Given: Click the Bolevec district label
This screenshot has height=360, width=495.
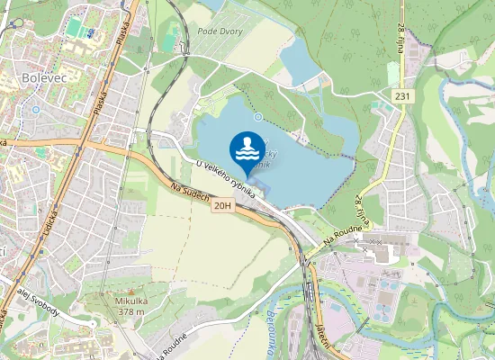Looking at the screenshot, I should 40,78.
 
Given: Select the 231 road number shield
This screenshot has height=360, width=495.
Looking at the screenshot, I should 401,95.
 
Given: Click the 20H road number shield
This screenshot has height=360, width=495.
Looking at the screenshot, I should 223,206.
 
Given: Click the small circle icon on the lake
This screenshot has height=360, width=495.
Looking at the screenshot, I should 258,116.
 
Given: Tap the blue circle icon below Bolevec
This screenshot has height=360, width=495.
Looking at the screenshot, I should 35,110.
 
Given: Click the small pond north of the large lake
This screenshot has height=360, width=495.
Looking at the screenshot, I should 301,62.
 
